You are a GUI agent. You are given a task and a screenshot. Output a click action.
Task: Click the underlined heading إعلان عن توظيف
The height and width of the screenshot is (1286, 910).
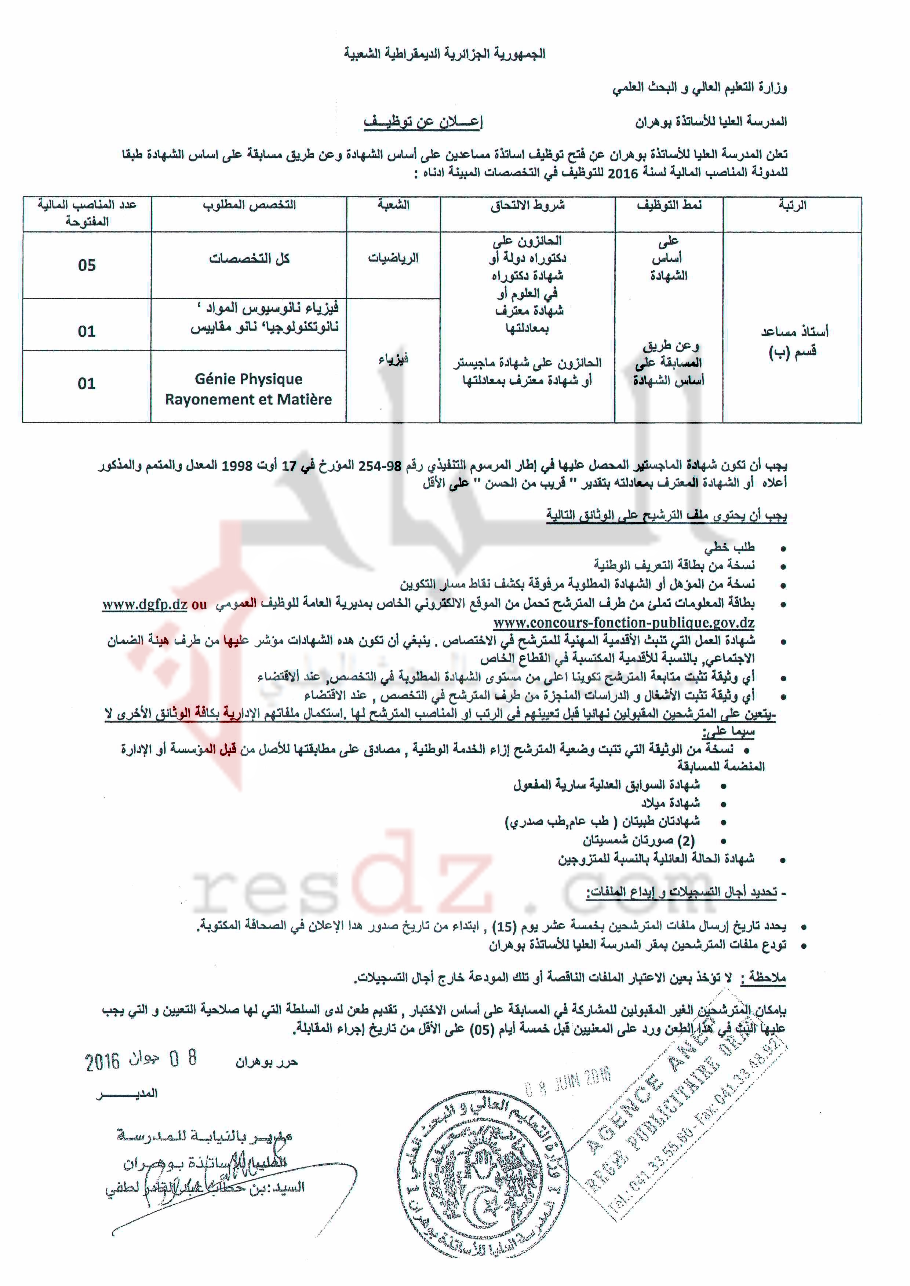(423, 121)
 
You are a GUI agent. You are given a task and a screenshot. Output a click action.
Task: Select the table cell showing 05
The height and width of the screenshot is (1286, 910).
(87, 265)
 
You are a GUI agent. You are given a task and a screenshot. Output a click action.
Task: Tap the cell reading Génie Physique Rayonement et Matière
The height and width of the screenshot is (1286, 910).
(248, 389)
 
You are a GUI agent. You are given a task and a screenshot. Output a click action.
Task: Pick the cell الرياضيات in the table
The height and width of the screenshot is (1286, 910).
(393, 258)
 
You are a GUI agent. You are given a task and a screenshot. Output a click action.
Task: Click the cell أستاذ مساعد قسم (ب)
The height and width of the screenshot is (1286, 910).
(792, 342)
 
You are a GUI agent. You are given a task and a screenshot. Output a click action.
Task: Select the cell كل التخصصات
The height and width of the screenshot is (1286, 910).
(250, 258)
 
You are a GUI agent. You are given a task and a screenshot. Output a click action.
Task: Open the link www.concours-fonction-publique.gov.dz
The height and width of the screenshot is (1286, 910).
(624, 623)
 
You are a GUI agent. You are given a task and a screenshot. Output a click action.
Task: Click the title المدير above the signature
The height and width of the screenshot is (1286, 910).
(128, 1094)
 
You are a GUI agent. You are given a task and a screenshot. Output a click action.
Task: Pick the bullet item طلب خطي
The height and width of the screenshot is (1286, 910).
(729, 547)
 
